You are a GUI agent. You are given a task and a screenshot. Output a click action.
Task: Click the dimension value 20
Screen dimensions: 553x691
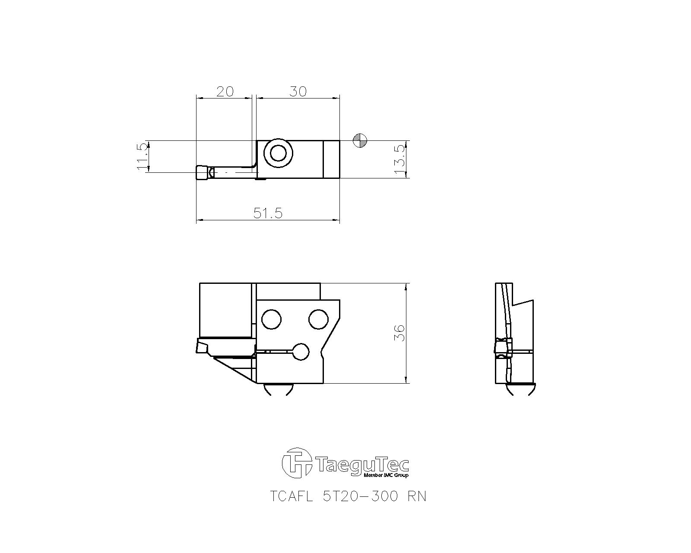coord(225,91)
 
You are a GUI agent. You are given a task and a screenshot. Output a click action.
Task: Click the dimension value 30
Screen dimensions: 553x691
coord(298,91)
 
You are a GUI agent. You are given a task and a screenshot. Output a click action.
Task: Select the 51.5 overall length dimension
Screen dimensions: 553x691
coord(268,213)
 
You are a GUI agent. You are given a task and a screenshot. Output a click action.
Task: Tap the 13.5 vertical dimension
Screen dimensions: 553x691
coord(400,159)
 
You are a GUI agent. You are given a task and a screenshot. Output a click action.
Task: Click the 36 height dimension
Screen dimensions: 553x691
coord(400,333)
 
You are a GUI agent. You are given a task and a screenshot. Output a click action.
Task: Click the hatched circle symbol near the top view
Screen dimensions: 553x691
coord(360,140)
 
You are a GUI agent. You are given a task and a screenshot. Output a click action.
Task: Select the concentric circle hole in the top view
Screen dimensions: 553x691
coord(279,153)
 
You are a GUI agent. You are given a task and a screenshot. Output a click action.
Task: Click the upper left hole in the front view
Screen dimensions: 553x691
coord(271,320)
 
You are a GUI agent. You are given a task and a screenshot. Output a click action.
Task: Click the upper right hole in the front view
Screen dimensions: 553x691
coord(319,319)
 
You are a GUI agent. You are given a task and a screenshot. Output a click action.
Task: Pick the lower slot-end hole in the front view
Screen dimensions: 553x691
coord(301,352)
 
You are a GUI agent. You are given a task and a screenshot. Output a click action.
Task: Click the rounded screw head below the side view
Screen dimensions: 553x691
coord(521,390)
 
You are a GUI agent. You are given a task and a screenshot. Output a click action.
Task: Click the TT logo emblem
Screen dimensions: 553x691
coord(297,463)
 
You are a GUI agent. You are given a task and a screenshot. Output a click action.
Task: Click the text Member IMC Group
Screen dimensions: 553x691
coord(386,475)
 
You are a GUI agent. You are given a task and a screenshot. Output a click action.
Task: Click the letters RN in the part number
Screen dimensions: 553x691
coord(417,496)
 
